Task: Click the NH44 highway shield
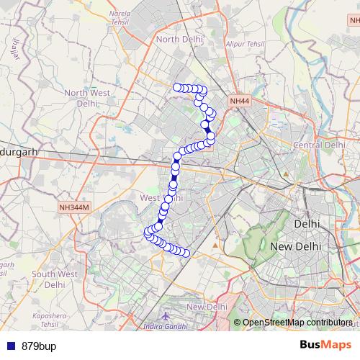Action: point(240,103)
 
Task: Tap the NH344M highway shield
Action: point(75,207)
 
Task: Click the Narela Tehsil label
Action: point(120,17)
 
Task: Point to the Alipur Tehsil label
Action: point(245,44)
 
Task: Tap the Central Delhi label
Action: point(320,145)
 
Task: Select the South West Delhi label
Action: point(54,279)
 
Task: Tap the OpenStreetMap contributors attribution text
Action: point(297,323)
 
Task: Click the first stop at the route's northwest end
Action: point(177,87)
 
